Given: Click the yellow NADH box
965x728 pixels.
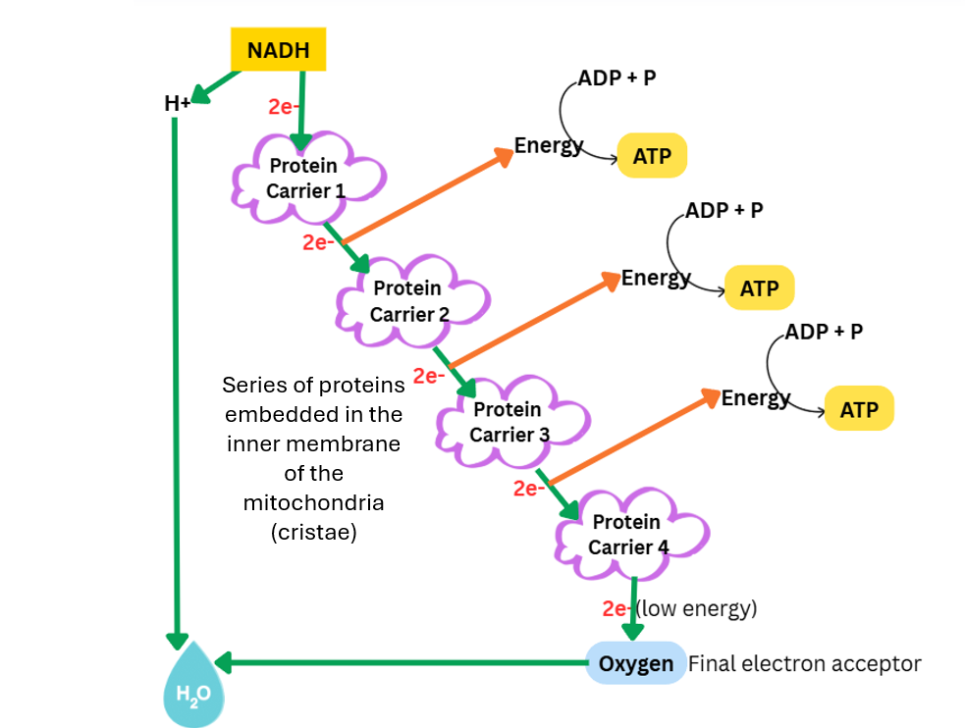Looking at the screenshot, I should point(278,50).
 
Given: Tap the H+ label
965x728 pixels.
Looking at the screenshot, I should point(178,103).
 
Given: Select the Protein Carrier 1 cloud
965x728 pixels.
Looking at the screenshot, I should point(305,178).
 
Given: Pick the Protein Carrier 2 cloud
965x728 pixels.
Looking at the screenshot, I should point(409,301).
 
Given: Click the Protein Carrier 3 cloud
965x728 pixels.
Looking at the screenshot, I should point(509,421).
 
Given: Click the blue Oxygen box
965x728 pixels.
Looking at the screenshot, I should point(636,664).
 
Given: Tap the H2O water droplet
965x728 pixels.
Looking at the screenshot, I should point(192,687).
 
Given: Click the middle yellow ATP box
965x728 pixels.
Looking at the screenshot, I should point(759,288).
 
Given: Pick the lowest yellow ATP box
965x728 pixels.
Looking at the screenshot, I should point(859,410).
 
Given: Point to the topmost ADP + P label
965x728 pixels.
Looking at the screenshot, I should point(617,78).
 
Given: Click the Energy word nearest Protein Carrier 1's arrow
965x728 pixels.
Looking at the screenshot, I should point(549,146).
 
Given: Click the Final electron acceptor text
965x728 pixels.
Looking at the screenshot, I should point(805,664).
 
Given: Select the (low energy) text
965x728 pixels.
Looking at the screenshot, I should point(697,608).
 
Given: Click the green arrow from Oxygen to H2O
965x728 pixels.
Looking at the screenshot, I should point(402,663).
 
